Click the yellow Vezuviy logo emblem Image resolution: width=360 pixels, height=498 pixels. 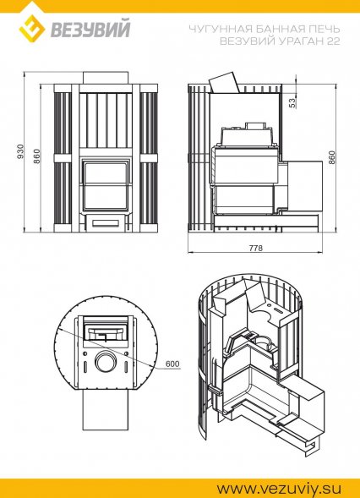click(32, 29)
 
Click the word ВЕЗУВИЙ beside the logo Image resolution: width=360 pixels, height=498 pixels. click(90, 29)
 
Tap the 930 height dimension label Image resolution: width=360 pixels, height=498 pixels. click(20, 151)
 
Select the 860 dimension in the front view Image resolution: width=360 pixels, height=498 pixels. click(37, 156)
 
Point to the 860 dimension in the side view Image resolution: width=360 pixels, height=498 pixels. click(331, 157)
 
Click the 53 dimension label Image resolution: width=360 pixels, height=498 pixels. click(292, 102)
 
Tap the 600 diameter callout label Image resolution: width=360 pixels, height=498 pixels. click(172, 364)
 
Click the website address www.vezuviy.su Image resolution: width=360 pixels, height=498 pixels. click(280, 488)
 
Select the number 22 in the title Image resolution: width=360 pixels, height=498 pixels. click(333, 41)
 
